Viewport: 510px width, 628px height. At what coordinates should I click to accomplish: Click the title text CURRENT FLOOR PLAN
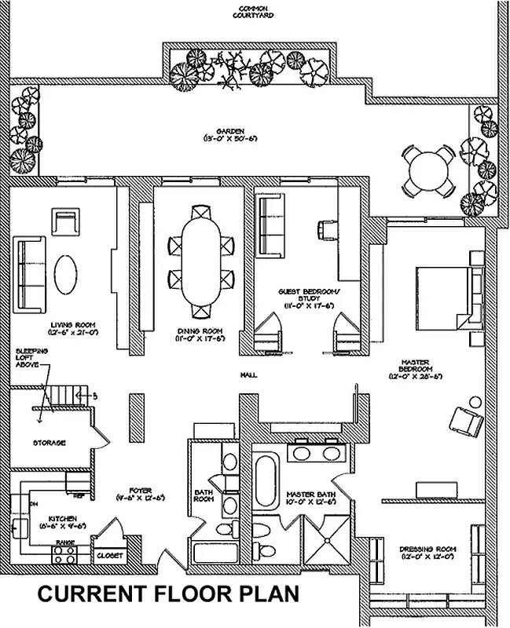pyautogui.click(x=168, y=594)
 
